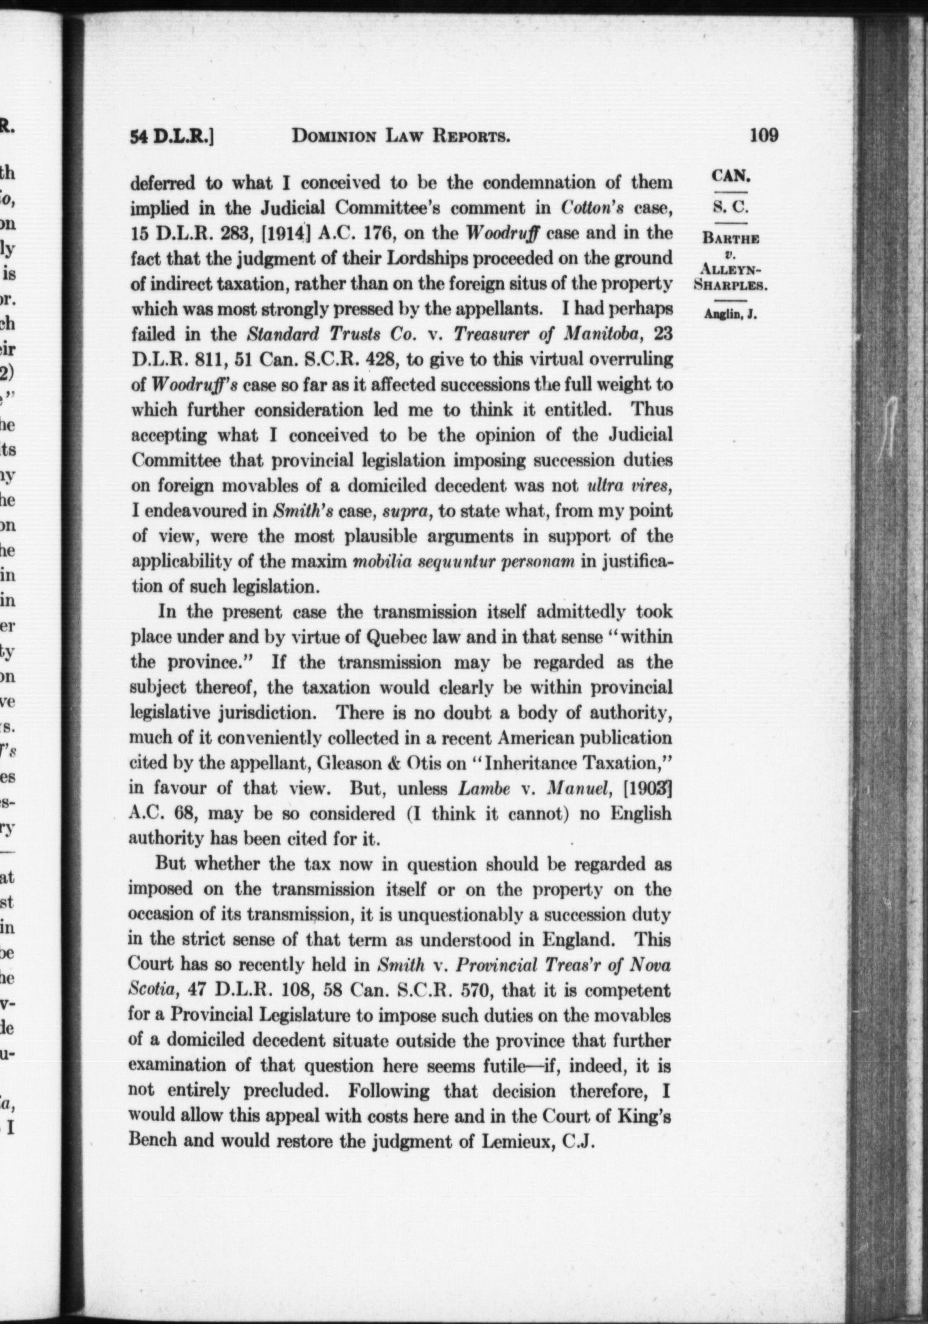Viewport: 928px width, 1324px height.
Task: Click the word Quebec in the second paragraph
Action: (393, 637)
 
